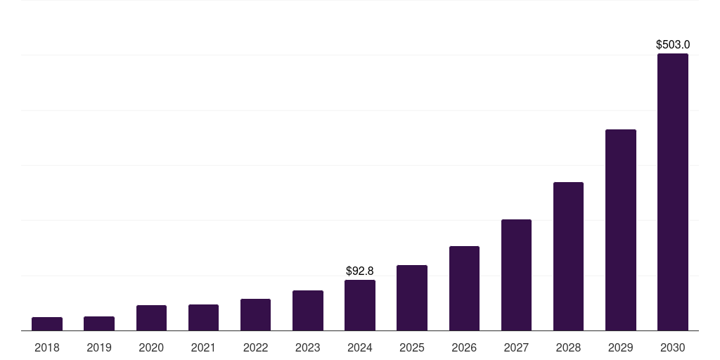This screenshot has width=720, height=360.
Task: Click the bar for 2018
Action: [47, 324]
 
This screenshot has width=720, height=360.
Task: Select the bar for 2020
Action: [151, 318]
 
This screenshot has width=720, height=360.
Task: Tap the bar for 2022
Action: [255, 315]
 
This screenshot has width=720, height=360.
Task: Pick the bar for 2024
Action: [360, 305]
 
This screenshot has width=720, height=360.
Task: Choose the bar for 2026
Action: [464, 288]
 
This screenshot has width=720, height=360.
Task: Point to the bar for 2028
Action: [568, 257]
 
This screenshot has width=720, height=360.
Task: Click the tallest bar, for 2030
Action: [673, 192]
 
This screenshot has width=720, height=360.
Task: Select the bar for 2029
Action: [621, 230]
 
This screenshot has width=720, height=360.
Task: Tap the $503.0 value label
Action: [673, 45]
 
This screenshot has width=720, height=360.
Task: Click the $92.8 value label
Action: [360, 271]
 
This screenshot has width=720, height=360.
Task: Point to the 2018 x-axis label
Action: [47, 347]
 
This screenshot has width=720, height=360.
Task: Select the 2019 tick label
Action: [99, 347]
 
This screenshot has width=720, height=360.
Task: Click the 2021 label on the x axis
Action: [203, 347]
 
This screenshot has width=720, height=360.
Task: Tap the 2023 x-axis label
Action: [308, 347]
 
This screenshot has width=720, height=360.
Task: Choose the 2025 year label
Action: [412, 347]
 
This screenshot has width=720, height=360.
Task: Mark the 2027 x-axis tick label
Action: [516, 347]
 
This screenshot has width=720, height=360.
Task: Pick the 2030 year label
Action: [673, 347]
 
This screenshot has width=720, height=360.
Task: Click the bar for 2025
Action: [412, 298]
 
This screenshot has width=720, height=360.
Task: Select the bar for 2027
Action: [516, 275]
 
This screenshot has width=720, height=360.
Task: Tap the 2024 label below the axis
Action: [360, 347]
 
